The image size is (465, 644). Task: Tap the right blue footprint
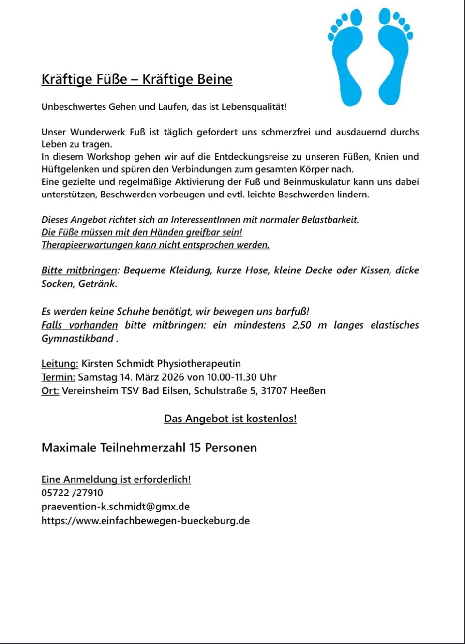coord(394,58)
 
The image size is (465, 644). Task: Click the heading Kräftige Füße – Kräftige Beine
coord(137,79)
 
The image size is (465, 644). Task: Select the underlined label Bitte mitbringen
coord(79,270)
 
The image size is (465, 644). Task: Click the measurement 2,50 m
coord(309,325)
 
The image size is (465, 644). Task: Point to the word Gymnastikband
coord(77,338)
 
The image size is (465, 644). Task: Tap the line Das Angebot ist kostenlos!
coord(230,419)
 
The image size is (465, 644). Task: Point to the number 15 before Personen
coord(195,448)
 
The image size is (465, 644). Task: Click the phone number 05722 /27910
coord(72,493)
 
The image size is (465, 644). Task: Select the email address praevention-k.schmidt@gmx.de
coord(115,507)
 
